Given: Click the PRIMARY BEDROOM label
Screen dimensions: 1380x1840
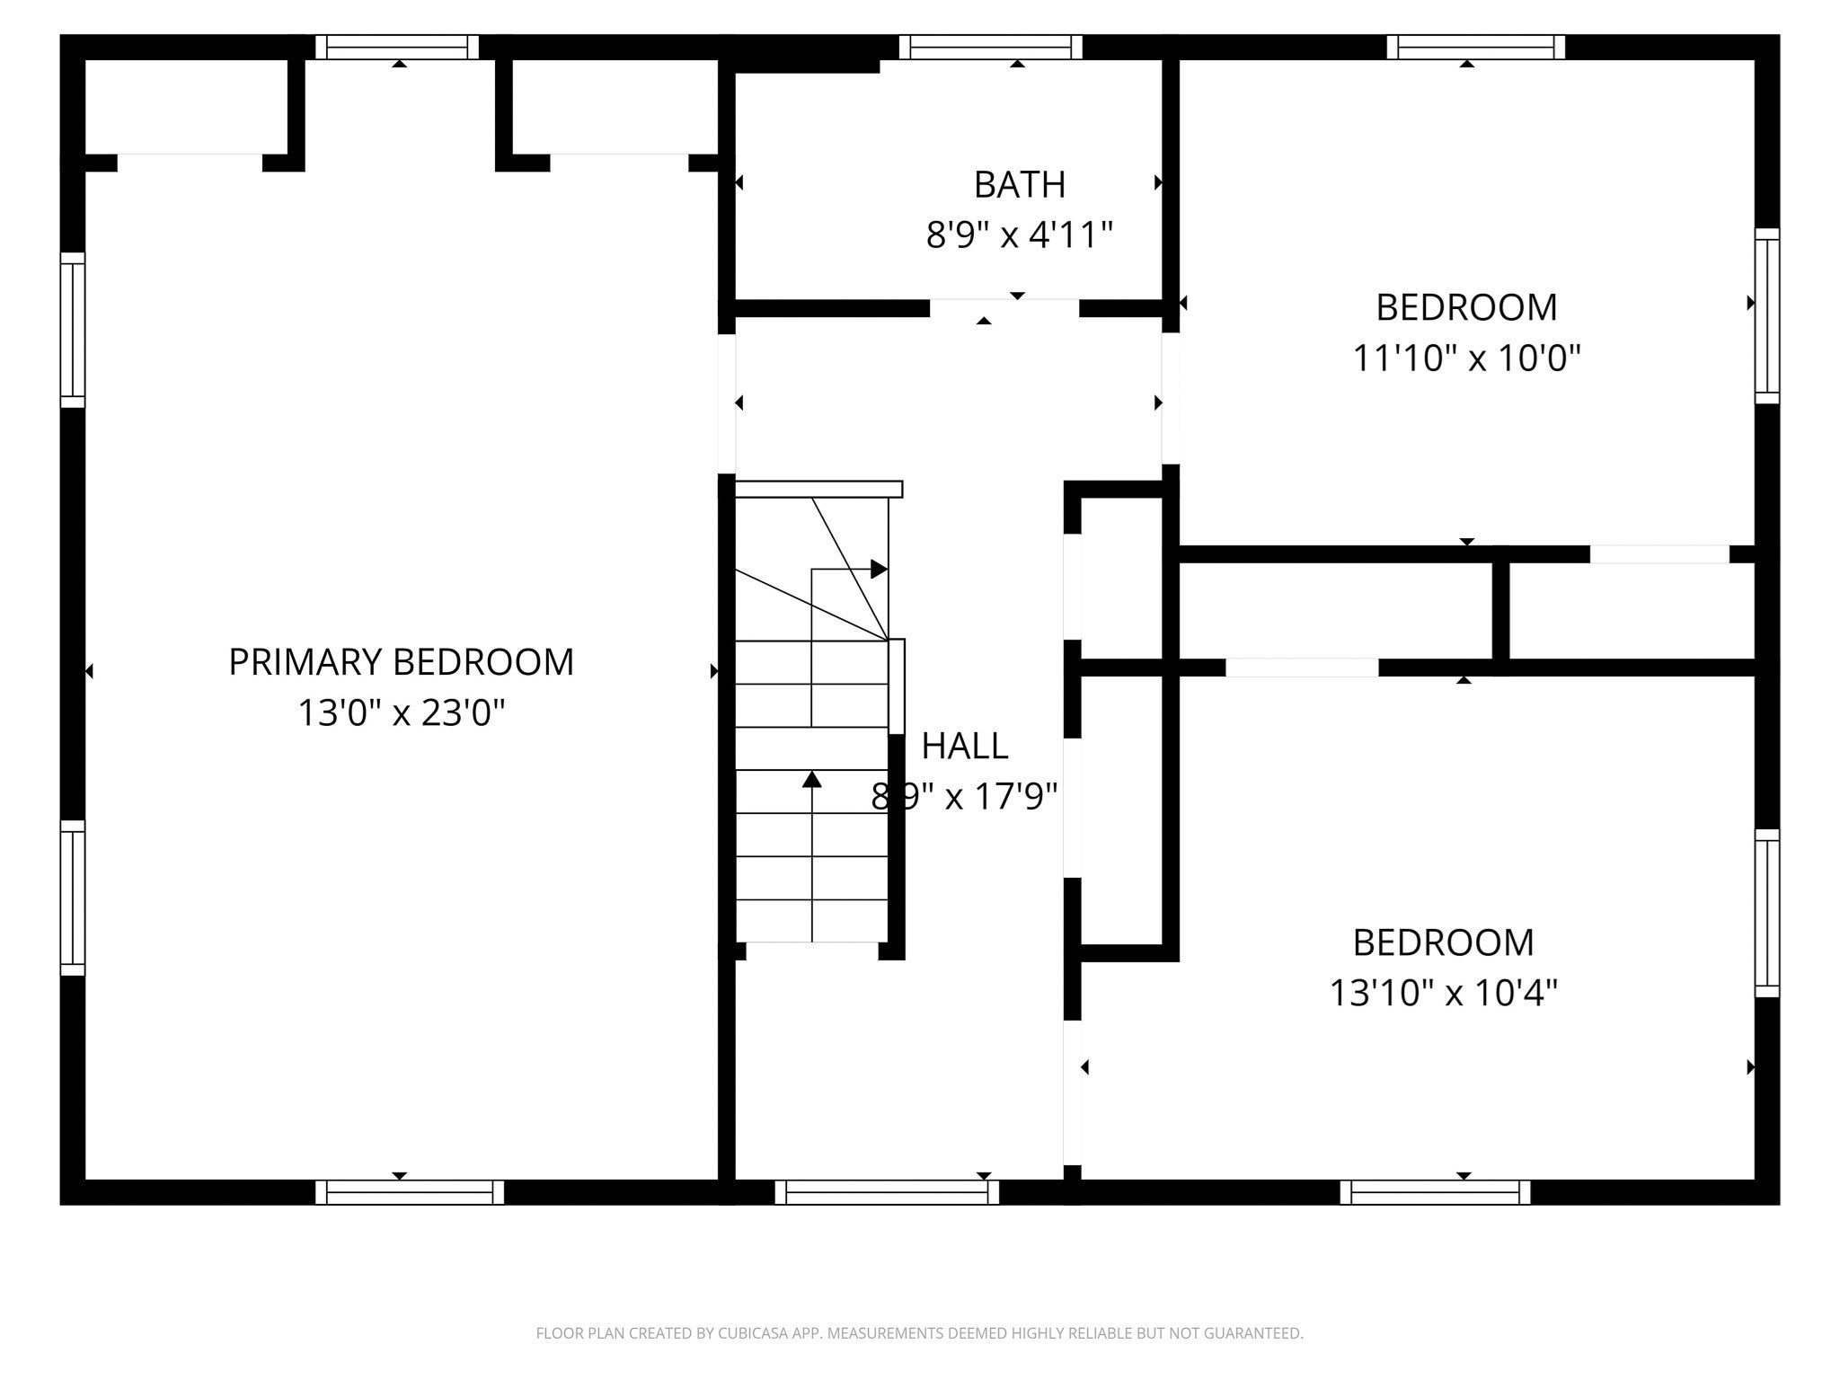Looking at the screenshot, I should point(401,662).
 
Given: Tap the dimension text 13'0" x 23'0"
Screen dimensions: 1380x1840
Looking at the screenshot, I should point(401,713).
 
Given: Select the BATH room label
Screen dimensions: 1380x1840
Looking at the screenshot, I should point(1020,185).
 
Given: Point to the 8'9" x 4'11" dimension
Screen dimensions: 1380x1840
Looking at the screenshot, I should point(1020,235).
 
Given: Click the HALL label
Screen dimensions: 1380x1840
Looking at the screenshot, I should point(965,746).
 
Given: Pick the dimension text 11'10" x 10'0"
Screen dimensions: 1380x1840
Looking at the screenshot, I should point(1466,358).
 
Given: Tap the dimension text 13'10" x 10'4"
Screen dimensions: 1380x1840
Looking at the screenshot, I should point(1443,994).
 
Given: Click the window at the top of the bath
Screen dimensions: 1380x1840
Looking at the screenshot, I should point(990,47).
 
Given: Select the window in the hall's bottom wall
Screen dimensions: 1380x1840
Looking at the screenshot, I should point(887,1192).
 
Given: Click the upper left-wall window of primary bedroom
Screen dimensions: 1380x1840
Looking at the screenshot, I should point(73,330).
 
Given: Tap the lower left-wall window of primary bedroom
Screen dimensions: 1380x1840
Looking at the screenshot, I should point(73,898).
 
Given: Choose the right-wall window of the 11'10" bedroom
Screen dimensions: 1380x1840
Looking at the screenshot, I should point(1767,315).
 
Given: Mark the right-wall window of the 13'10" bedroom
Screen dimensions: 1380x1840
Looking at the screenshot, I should point(1767,913).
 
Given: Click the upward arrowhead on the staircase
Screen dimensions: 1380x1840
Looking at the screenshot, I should point(812,779).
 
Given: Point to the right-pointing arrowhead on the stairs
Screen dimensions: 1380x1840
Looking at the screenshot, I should point(879,569).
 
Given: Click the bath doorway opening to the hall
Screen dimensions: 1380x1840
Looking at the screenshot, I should point(1004,308).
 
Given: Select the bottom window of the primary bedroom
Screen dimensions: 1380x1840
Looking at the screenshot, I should point(410,1192).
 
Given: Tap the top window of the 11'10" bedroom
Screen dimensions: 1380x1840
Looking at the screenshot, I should point(1476,47).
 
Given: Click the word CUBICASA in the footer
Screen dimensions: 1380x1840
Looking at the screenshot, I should point(753,1333).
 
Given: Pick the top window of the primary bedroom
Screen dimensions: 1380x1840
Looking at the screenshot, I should point(397,47).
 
